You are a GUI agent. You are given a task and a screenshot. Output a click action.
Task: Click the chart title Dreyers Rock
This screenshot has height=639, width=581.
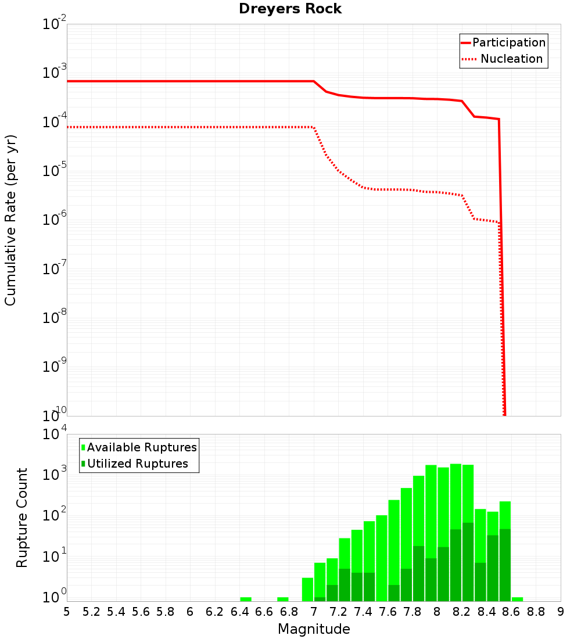(x=290, y=9)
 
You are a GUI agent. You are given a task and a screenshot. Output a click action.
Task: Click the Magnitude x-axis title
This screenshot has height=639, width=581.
(x=314, y=629)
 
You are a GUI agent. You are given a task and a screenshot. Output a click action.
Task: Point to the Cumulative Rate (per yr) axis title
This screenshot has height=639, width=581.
(x=10, y=220)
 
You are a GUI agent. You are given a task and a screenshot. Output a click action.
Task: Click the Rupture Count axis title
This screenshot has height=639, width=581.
(x=22, y=518)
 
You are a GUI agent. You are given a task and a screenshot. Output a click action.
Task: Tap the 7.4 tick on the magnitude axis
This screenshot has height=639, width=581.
(x=363, y=612)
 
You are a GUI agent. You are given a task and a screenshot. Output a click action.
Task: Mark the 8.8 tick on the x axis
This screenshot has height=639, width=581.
(x=536, y=612)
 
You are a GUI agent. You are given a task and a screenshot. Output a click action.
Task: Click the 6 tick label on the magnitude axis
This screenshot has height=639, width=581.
(x=190, y=612)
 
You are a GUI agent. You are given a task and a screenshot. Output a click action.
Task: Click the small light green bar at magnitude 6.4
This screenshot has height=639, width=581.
(x=246, y=599)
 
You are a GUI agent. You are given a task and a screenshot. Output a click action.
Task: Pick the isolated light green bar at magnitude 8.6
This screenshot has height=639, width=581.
(x=517, y=599)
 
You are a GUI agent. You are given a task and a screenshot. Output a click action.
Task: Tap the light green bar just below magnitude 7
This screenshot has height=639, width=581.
(x=307, y=589)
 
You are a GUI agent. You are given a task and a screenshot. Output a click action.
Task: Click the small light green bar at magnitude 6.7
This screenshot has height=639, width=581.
(x=283, y=599)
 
